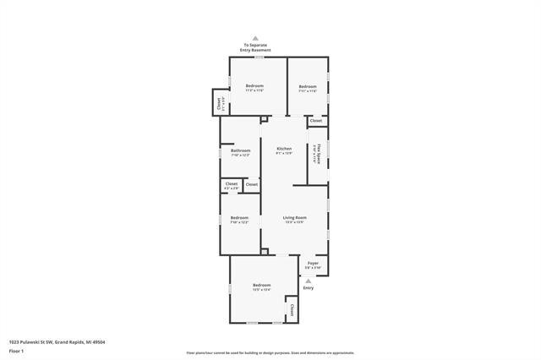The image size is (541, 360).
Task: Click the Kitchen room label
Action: (284, 149)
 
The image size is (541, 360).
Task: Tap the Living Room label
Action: (294, 217)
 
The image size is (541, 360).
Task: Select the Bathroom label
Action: (240, 150)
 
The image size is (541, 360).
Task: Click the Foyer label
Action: (313, 263)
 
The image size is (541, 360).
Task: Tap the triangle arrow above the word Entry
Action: (308, 281)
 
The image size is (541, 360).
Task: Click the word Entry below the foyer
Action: (308, 289)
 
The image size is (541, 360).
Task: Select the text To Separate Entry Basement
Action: (257, 47)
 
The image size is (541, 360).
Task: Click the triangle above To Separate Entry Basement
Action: (257, 38)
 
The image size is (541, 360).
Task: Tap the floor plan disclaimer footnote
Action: (270, 352)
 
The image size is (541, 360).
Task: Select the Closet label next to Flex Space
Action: (315, 121)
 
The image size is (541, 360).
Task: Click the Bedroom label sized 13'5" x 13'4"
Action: (261, 286)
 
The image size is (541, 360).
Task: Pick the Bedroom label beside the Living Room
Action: (239, 218)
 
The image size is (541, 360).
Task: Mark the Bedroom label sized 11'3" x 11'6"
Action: (254, 85)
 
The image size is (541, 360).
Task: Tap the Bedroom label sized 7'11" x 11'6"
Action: (308, 86)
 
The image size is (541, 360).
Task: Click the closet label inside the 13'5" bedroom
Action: (292, 309)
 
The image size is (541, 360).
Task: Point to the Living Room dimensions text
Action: (294, 222)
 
